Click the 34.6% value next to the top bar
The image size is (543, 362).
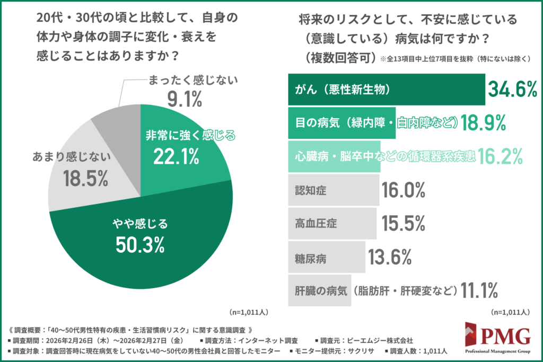[513, 90]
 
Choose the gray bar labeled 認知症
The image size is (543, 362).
[333, 189]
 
